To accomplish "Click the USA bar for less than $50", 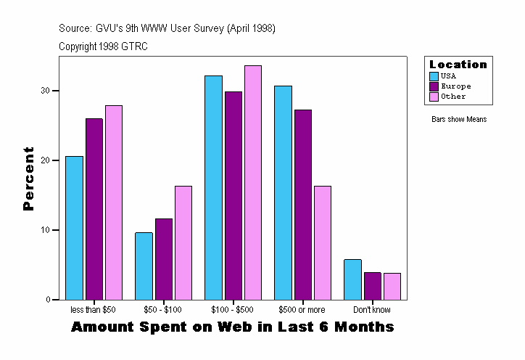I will (74, 228).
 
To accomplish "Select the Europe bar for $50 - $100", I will (164, 259).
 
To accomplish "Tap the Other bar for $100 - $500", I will (253, 183).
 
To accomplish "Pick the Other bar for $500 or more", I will (323, 243).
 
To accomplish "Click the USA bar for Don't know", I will (352, 279).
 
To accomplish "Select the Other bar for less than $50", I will (114, 202).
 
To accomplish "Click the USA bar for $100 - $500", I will (213, 187).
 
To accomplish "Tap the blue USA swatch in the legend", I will (434, 76).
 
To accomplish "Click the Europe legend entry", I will (455, 86).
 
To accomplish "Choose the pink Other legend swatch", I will (434, 97).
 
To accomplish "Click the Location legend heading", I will (458, 65).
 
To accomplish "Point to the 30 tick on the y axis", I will (48, 91).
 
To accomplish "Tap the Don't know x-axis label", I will (372, 310).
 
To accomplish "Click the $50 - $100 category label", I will (163, 310).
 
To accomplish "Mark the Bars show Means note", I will (459, 120).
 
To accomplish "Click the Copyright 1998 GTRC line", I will (104, 46).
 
